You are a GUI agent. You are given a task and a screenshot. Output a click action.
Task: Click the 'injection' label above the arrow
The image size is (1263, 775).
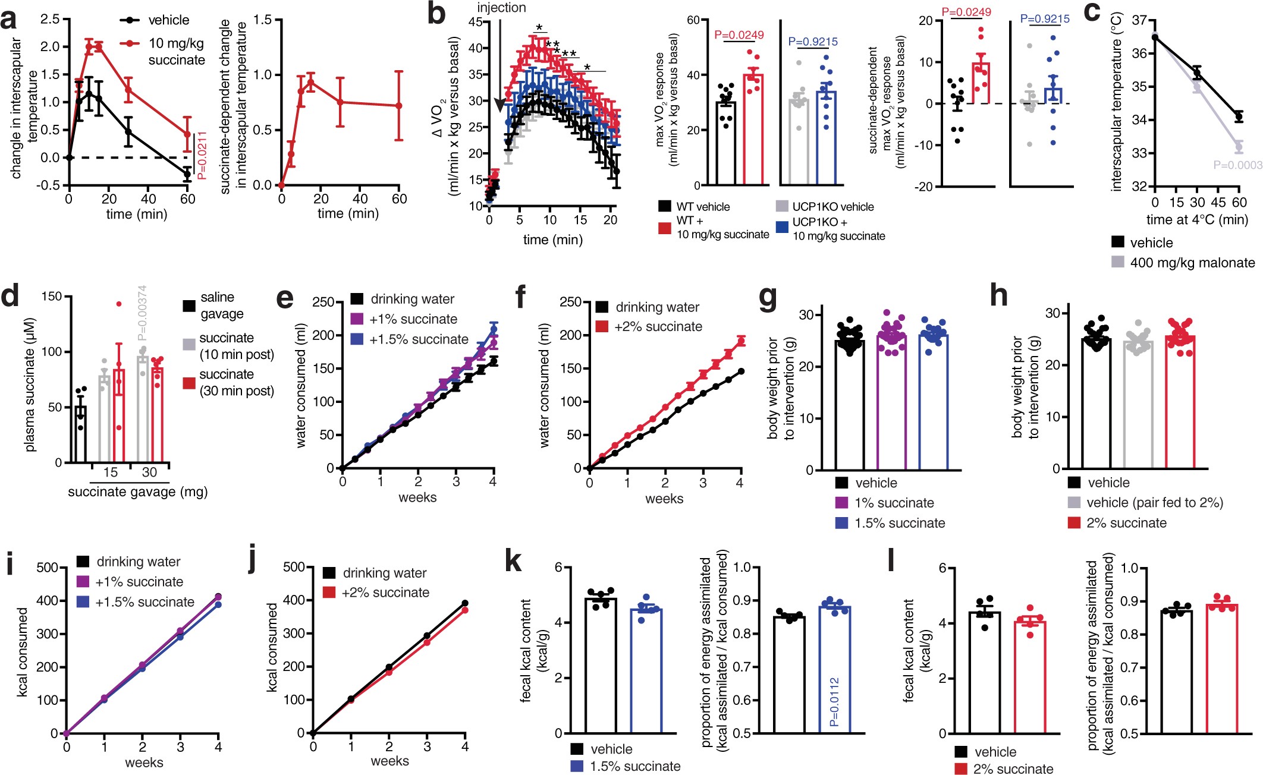501,8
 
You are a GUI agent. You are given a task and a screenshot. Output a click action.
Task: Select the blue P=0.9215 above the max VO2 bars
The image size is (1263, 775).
812,42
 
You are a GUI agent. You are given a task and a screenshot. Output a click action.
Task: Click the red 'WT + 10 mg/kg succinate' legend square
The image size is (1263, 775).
665,228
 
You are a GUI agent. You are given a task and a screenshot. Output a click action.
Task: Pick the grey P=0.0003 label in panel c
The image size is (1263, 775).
1237,165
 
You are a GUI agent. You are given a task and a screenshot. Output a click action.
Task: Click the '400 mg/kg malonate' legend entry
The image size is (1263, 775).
1192,262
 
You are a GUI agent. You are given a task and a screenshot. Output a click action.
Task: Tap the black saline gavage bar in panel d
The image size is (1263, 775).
80,434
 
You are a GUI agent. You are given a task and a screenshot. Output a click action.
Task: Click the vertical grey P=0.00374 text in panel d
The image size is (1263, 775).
142,313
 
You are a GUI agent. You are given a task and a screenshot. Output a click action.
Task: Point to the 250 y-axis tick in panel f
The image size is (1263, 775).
570,302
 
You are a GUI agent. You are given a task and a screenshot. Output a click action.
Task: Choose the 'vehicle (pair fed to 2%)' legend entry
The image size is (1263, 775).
1154,503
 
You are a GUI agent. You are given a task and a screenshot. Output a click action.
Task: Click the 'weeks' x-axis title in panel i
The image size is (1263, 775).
143,763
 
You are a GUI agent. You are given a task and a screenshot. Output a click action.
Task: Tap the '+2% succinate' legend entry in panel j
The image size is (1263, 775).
385,593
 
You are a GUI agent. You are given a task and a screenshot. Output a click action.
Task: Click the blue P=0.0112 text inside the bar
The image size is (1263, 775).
834,702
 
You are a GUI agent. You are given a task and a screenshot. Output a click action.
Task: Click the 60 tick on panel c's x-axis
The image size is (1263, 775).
1239,203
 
